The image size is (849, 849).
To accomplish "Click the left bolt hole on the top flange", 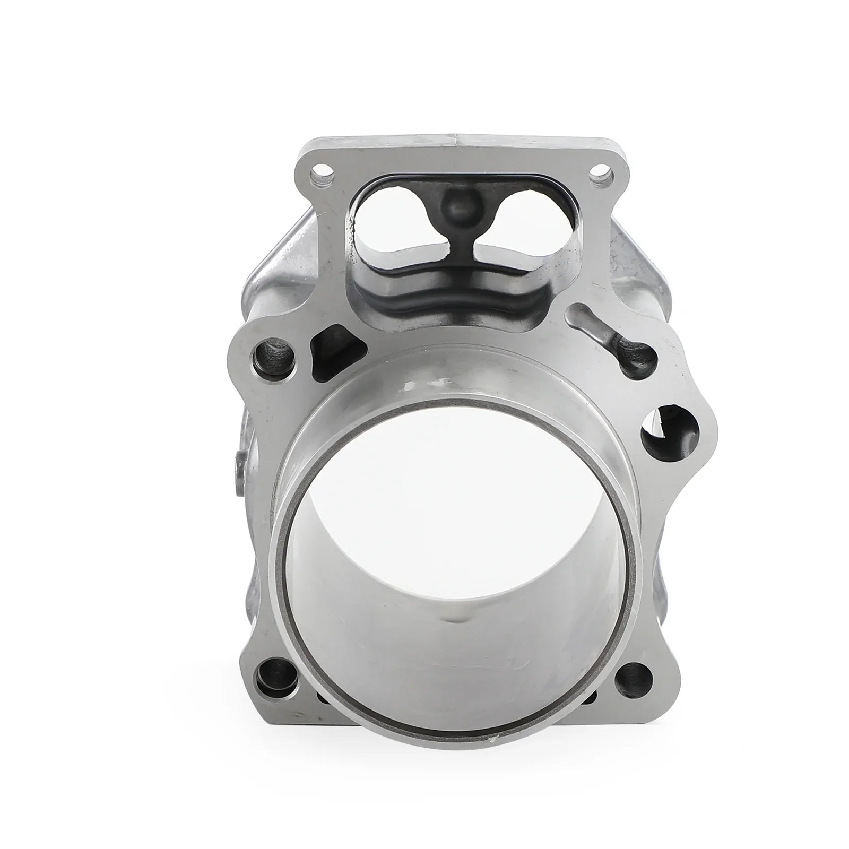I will (319, 172).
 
